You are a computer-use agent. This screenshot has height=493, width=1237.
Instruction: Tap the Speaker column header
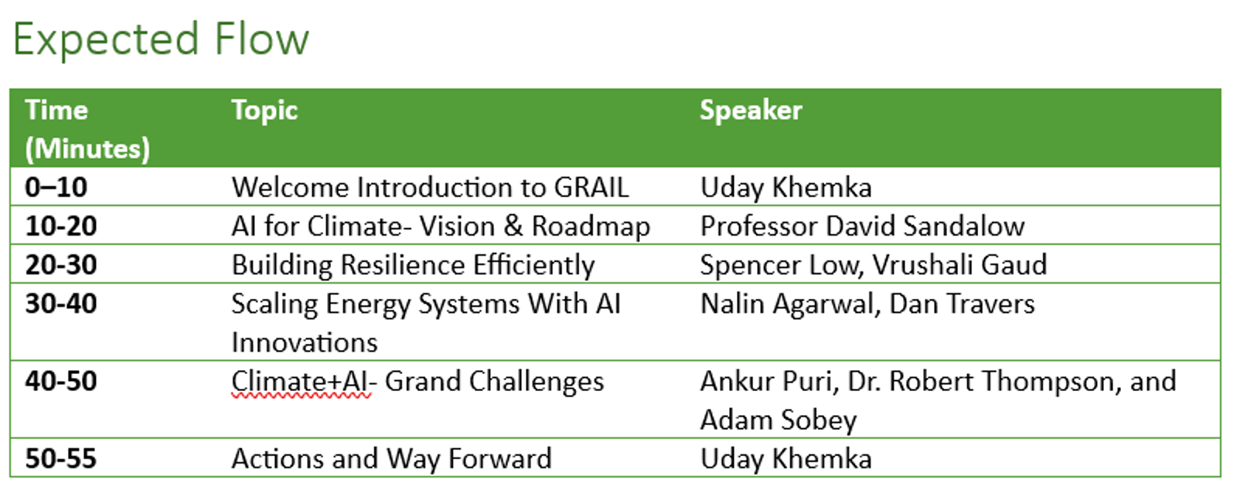(x=751, y=110)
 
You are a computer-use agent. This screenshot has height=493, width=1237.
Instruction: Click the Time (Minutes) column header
(x=87, y=129)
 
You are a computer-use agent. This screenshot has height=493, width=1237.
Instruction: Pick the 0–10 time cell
(x=56, y=187)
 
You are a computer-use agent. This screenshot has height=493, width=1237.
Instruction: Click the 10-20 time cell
(x=61, y=226)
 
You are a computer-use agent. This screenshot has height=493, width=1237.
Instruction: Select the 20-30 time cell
(x=61, y=264)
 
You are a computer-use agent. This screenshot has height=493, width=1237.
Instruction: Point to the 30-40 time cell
(x=61, y=304)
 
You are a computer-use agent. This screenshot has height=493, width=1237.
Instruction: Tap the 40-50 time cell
(x=61, y=381)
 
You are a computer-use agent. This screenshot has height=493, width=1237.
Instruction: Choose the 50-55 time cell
(x=61, y=458)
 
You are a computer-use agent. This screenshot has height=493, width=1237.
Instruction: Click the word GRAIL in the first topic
(x=591, y=187)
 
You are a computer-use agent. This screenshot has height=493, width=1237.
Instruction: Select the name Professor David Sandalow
(x=863, y=226)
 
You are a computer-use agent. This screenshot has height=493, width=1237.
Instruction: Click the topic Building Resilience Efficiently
(x=413, y=266)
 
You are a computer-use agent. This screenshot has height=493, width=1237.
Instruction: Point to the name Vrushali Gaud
(x=959, y=265)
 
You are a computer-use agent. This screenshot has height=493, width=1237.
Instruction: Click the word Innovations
(x=305, y=342)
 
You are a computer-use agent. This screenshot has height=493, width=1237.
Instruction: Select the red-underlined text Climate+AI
(x=301, y=382)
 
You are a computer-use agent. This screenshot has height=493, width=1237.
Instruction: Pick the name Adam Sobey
(x=779, y=420)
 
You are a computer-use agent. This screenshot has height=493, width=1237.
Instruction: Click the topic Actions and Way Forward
(x=391, y=459)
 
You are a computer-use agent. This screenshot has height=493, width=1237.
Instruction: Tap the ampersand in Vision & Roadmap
(x=513, y=226)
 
